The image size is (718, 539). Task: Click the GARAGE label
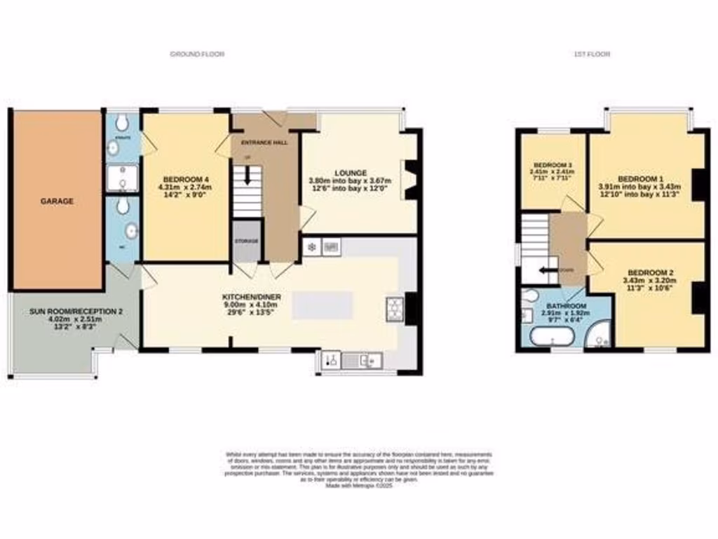coord(57,201)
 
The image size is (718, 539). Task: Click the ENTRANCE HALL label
coord(264,142)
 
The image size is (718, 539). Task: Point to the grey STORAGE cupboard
coord(246,241)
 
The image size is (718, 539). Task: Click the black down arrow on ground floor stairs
coord(246,179)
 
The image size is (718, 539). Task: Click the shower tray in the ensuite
coord(121,178)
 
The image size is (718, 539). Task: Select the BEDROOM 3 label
coord(551,164)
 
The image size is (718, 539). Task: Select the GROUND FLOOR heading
coord(197,54)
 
